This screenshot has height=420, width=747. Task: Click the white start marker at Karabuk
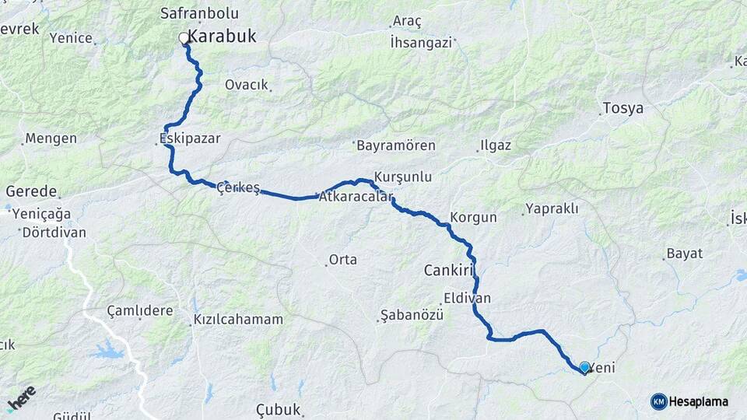[x=184, y=37]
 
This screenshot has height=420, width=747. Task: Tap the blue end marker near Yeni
[x=584, y=367]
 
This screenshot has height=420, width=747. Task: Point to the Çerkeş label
[x=238, y=187]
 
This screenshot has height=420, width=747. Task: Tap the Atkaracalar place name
[x=356, y=198]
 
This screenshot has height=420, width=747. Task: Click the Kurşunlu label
[x=402, y=177]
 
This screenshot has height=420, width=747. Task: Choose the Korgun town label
[x=473, y=218]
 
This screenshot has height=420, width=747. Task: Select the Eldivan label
[x=468, y=297]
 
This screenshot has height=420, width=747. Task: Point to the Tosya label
[x=623, y=108]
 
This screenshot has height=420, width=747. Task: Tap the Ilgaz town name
[x=495, y=145]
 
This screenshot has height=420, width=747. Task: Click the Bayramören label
[x=395, y=145]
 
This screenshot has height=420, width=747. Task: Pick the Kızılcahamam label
[x=238, y=320]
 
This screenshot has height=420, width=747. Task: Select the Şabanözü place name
[x=411, y=315]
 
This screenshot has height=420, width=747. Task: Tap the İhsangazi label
[x=421, y=43]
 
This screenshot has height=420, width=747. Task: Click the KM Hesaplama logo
[x=689, y=401]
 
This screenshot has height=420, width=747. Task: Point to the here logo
[x=21, y=398]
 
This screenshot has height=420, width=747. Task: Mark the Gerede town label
[x=31, y=191]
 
